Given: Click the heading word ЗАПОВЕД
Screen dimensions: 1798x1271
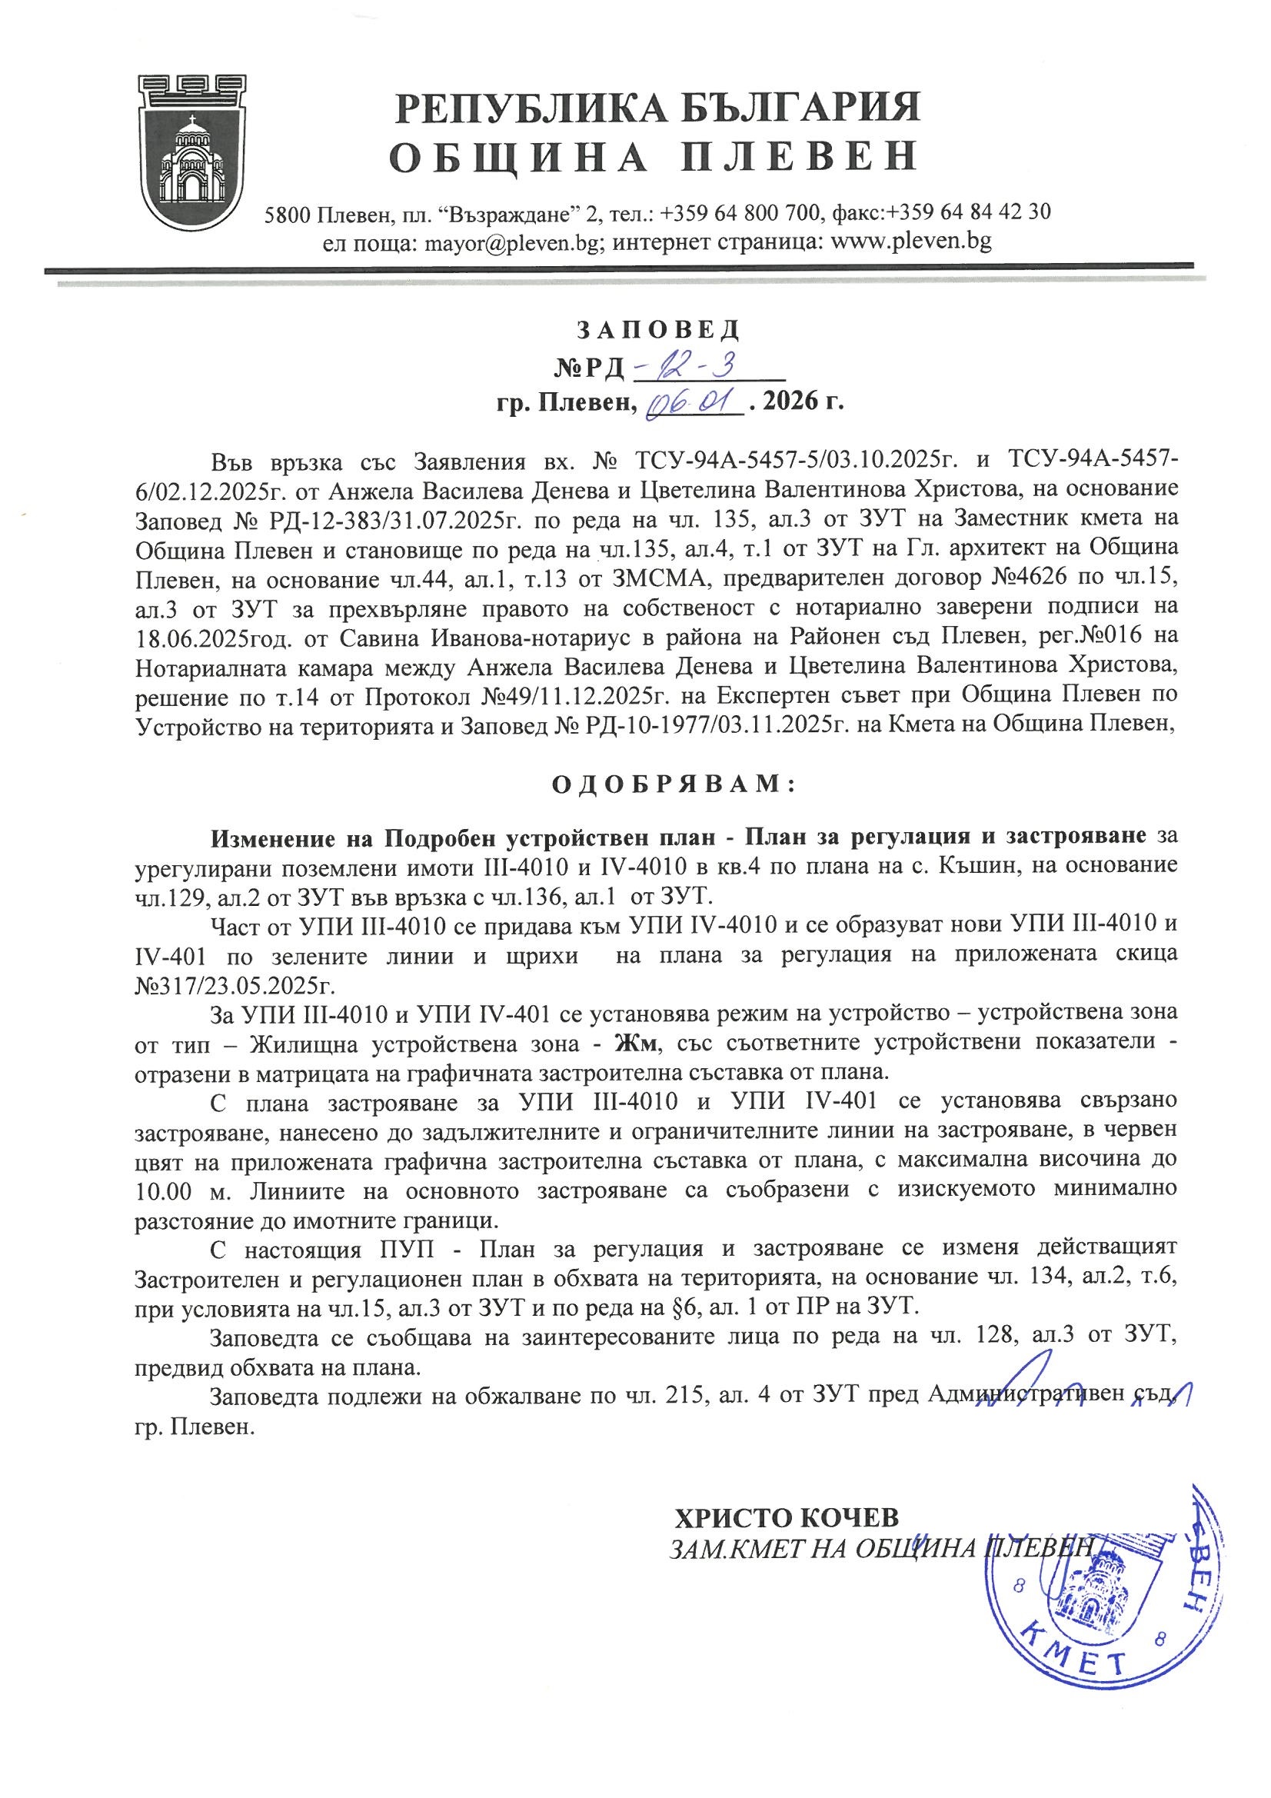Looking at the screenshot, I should (658, 331).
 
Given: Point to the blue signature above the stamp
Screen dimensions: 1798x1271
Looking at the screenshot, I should (1081, 1403).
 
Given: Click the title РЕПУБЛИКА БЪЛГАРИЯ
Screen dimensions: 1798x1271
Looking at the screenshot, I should (657, 109).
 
